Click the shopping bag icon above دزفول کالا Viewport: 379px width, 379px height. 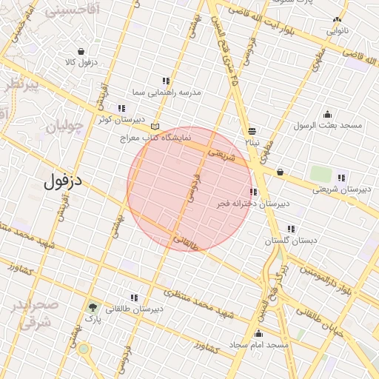81,51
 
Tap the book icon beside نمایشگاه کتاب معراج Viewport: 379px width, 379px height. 154,127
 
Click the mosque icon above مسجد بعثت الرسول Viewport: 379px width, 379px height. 328,113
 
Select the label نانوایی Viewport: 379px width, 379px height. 336,31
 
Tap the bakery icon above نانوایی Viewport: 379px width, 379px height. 338,20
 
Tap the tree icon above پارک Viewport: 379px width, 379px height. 92,306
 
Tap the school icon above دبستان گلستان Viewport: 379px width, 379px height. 291,229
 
